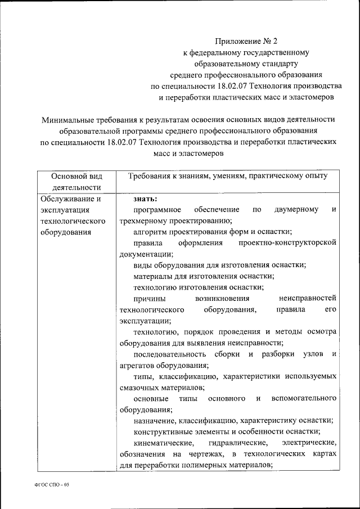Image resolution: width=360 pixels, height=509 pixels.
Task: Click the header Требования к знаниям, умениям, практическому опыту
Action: (x=227, y=176)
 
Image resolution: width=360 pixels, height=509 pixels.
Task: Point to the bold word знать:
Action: (x=145, y=199)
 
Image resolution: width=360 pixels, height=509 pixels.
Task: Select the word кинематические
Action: (x=161, y=443)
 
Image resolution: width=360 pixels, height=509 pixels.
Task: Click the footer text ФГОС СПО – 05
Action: (x=50, y=484)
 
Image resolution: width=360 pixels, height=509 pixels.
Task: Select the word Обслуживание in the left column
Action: (x=67, y=199)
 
